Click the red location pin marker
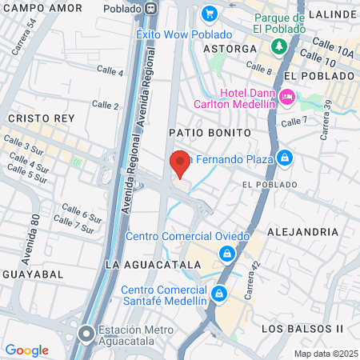(x=181, y=163)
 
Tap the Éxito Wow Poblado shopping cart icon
(x=210, y=14)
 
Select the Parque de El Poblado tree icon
(x=279, y=46)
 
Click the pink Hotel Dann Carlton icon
(x=287, y=97)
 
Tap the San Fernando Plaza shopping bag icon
(x=284, y=158)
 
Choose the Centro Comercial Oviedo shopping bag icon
(x=228, y=254)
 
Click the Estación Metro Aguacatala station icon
(x=86, y=332)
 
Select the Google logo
(x=26, y=350)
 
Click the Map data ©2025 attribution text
(x=325, y=354)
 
